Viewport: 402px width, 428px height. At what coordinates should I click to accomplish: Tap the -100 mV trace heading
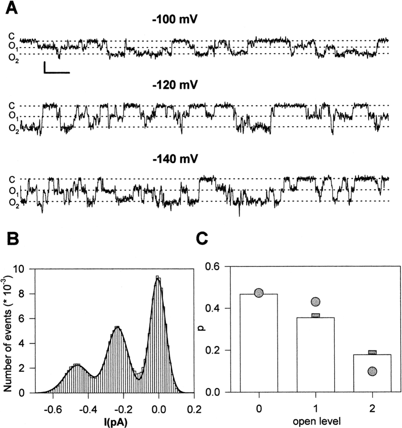174,21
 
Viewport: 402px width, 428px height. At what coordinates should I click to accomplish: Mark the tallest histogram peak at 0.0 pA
158,277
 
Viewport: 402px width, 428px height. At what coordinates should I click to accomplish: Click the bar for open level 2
372,373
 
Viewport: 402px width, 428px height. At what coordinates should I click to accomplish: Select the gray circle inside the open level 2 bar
372,372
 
